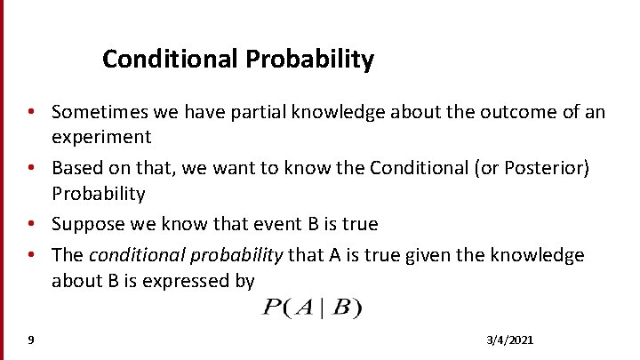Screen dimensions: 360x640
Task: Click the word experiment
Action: [x=101, y=137]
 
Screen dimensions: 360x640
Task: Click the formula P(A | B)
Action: [x=312, y=308]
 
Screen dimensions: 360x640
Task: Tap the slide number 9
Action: [x=31, y=340]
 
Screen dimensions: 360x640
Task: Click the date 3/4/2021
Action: [x=510, y=340]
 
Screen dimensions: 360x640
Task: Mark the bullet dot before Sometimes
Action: [x=31, y=113]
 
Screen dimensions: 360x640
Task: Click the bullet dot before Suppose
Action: [x=31, y=224]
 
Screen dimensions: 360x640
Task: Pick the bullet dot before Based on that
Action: [x=31, y=169]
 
